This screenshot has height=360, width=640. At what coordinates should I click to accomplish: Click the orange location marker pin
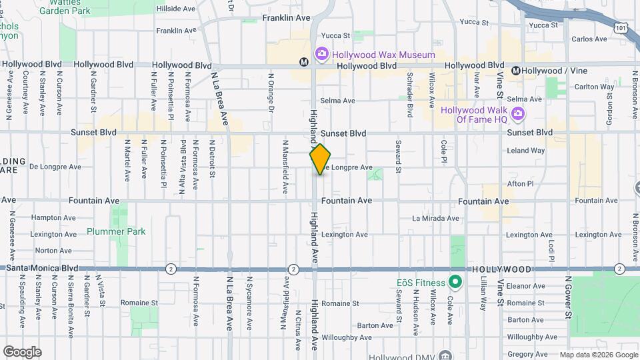pos(321,159)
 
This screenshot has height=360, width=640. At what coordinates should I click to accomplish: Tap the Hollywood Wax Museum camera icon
pos(321,53)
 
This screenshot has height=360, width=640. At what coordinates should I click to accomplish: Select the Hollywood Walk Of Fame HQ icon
pos(517,115)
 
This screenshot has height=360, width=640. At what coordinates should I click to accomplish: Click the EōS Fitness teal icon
pos(455,282)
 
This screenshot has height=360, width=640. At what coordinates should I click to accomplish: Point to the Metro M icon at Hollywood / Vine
pos(515,71)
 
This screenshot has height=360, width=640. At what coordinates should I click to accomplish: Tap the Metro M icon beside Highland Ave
pos(304,62)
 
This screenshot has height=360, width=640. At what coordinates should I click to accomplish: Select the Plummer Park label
pos(107,231)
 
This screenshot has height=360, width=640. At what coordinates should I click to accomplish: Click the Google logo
pos(22,352)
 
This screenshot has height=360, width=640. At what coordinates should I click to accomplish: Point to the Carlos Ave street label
pos(589,39)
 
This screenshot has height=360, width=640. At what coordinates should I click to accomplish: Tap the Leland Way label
pos(525,151)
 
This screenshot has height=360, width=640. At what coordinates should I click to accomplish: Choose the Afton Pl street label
pos(521,183)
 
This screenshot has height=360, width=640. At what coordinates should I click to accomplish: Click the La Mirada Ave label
pos(435,218)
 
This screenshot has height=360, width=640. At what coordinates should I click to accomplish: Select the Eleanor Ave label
pos(526,285)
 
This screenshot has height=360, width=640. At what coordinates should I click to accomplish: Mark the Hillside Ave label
pos(175,9)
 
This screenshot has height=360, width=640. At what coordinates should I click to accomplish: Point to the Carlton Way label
pos(594,87)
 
